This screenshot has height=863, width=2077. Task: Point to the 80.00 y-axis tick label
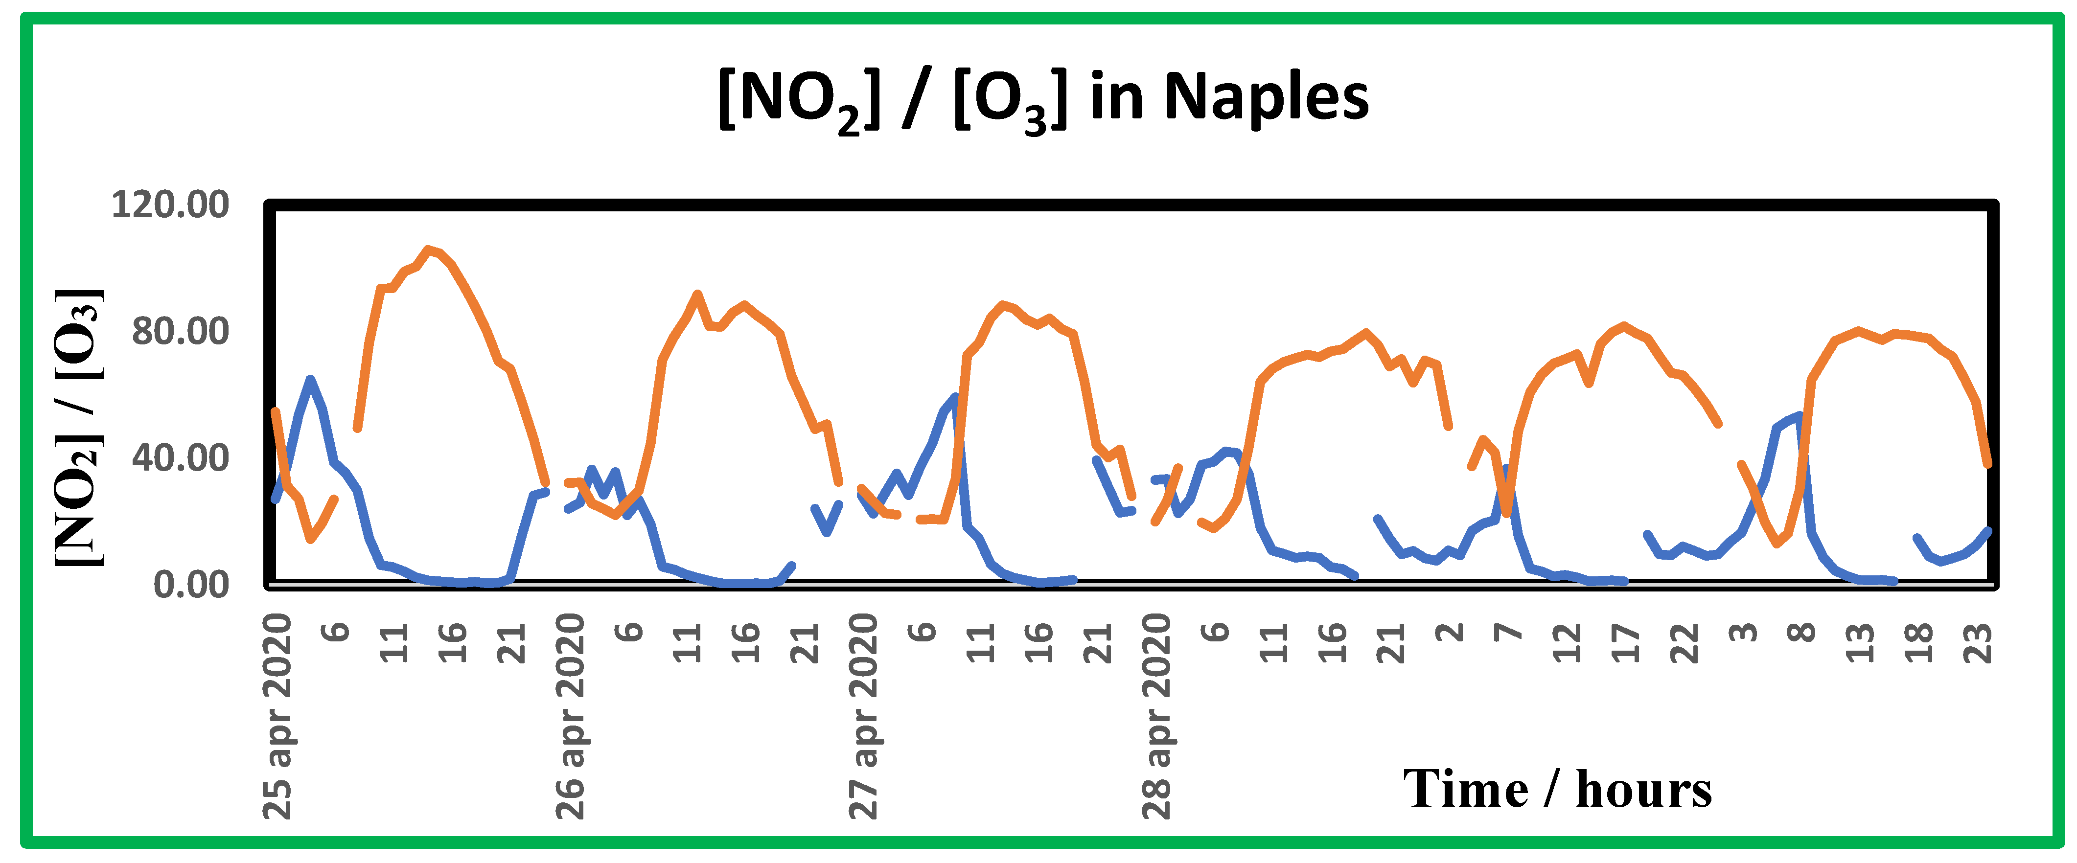pyautogui.click(x=181, y=331)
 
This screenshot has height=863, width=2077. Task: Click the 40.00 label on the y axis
pyautogui.click(x=181, y=458)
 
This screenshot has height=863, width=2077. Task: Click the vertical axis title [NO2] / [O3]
pyautogui.click(x=79, y=427)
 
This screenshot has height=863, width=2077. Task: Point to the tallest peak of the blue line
pyautogui.click(x=310, y=379)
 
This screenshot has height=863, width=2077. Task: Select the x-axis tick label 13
pyautogui.click(x=1861, y=643)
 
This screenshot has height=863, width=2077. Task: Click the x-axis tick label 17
pyautogui.click(x=1626, y=643)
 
